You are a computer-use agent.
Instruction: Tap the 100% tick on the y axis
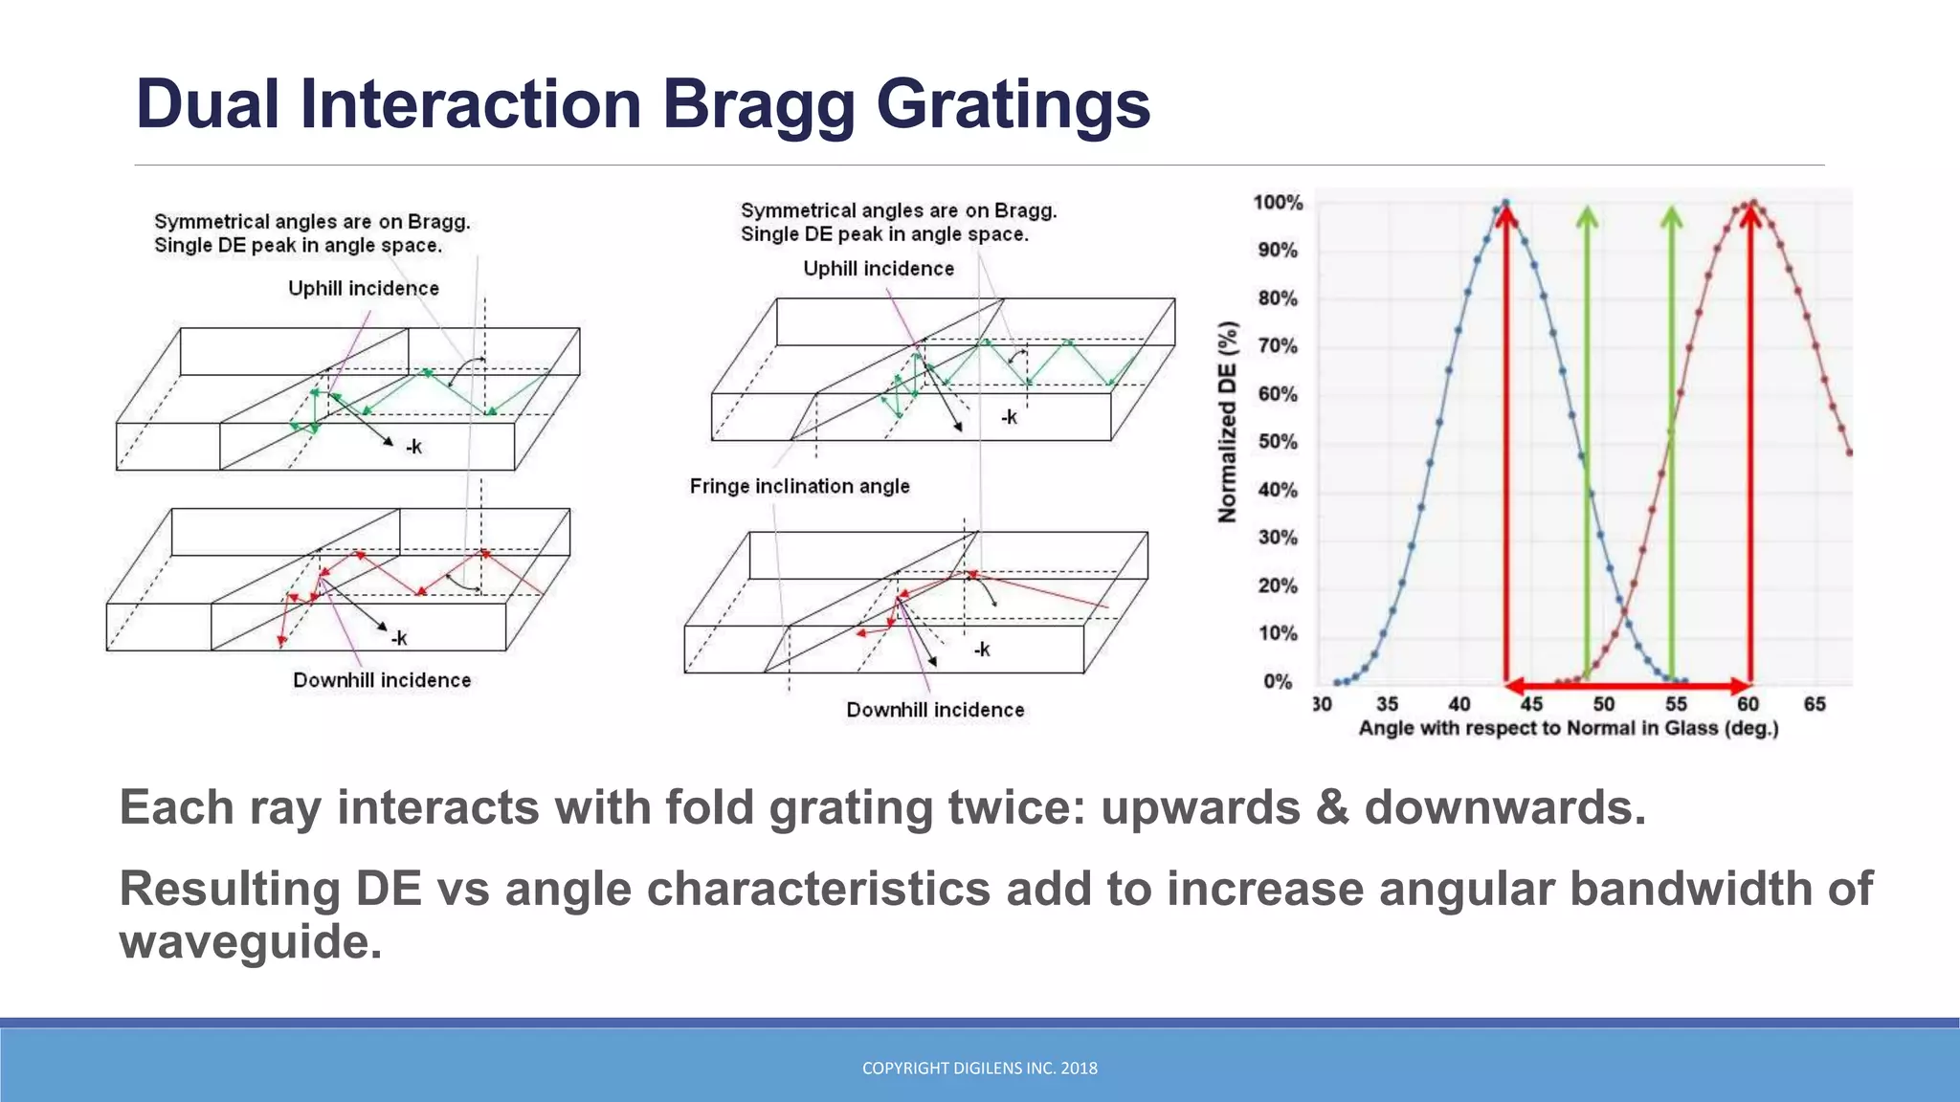click(x=1278, y=203)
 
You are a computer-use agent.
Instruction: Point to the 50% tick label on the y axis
click(x=1278, y=442)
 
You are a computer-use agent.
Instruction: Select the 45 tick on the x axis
click(x=1531, y=704)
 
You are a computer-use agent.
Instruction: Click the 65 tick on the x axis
click(x=1815, y=704)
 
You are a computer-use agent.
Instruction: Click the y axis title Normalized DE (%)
click(x=1228, y=422)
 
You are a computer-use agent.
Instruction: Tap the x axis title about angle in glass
click(x=1568, y=729)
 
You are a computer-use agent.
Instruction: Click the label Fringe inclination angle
click(x=799, y=486)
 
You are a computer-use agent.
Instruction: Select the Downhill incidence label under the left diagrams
click(x=382, y=680)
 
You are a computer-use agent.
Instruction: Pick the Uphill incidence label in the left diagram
click(x=364, y=289)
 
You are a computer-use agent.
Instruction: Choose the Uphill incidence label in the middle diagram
click(x=879, y=269)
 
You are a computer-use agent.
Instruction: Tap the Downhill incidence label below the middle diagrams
click(x=935, y=710)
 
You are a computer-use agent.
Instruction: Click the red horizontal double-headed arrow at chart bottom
click(x=1627, y=686)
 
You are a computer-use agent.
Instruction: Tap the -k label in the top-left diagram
click(x=413, y=447)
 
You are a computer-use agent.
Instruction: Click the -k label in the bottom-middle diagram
click(x=982, y=650)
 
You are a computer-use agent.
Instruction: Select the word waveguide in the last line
click(x=251, y=942)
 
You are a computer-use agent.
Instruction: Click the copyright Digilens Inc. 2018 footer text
click(x=979, y=1069)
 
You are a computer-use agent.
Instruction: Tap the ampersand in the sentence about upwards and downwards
click(x=1331, y=807)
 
